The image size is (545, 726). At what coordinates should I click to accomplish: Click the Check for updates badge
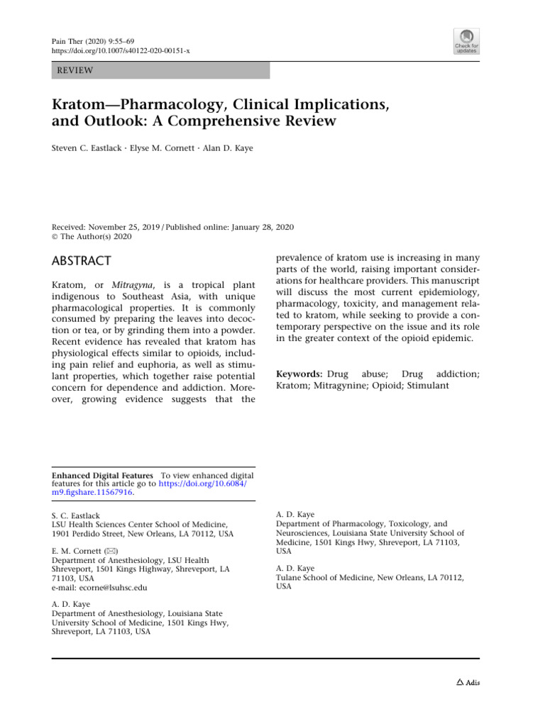coord(466,41)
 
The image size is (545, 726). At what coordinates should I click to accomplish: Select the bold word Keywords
coord(298,372)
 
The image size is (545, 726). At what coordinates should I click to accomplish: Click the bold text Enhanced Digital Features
coord(102,475)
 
